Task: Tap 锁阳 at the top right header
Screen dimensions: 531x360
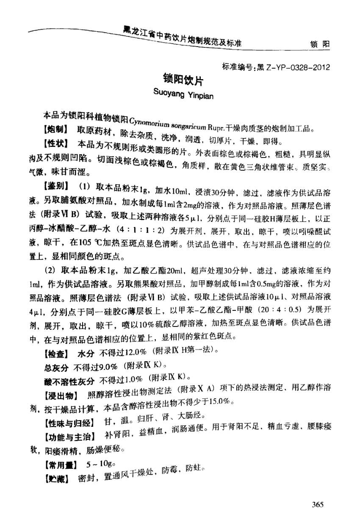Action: coord(320,44)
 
